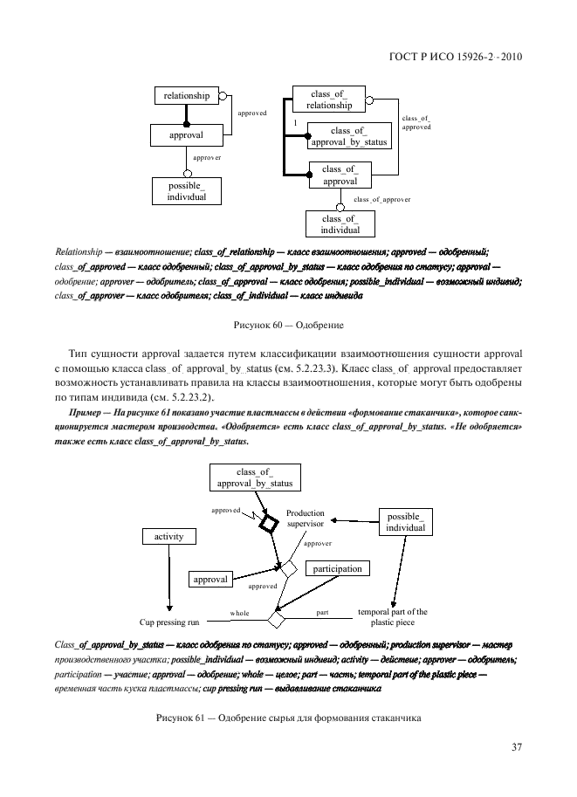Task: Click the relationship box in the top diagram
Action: click(187, 96)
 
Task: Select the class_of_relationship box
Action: click(329, 100)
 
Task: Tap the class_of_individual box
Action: click(340, 224)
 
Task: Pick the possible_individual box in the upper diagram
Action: click(187, 191)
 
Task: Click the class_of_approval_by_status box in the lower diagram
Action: click(252, 478)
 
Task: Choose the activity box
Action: click(168, 537)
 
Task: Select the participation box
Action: click(337, 569)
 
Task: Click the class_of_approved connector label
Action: click(416, 122)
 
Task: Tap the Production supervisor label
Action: click(306, 519)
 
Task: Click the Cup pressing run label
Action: click(170, 622)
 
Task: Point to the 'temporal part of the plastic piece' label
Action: click(392, 617)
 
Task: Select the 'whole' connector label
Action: click(239, 614)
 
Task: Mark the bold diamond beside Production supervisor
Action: click(267, 524)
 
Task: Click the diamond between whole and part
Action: click(277, 620)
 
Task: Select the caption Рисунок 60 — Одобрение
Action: click(288, 325)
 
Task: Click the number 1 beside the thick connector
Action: click(296, 123)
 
